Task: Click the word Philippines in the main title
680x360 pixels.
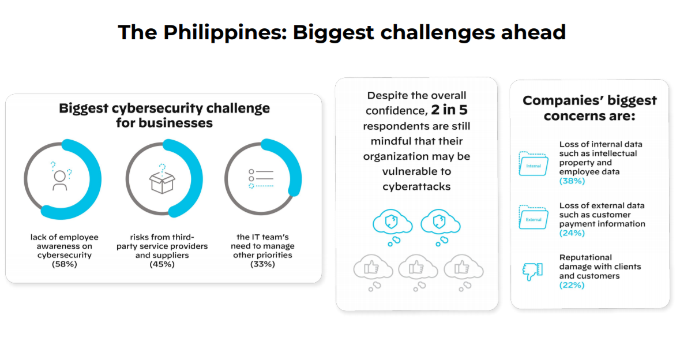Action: click(225, 33)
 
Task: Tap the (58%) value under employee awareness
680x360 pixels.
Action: click(64, 264)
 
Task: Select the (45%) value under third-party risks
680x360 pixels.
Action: click(161, 264)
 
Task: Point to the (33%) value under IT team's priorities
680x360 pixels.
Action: click(262, 264)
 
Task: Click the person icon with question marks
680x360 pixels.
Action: click(61, 177)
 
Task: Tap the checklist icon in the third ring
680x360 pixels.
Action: click(261, 178)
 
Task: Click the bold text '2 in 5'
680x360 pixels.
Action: click(449, 110)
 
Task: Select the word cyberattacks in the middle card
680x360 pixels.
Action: click(416, 186)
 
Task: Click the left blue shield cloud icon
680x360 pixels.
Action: click(392, 227)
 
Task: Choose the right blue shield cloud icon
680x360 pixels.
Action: click(440, 227)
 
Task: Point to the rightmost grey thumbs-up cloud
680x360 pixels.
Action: click(463, 272)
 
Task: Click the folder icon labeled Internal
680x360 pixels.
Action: click(534, 163)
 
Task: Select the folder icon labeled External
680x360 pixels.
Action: click(534, 217)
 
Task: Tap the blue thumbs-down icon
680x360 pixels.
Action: click(532, 272)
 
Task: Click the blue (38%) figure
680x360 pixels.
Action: click(572, 181)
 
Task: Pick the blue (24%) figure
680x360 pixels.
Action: click(572, 233)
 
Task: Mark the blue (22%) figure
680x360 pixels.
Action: click(572, 285)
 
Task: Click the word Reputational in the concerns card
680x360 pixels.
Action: click(585, 258)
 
